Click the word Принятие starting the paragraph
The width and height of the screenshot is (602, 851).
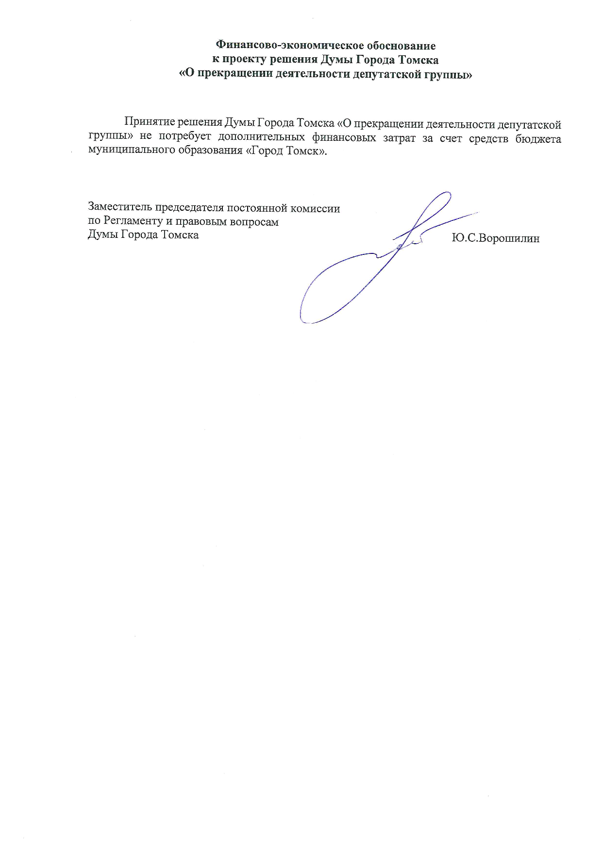click(148, 123)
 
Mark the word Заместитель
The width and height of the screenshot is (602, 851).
click(120, 208)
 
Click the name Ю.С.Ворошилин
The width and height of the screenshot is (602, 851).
click(495, 238)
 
